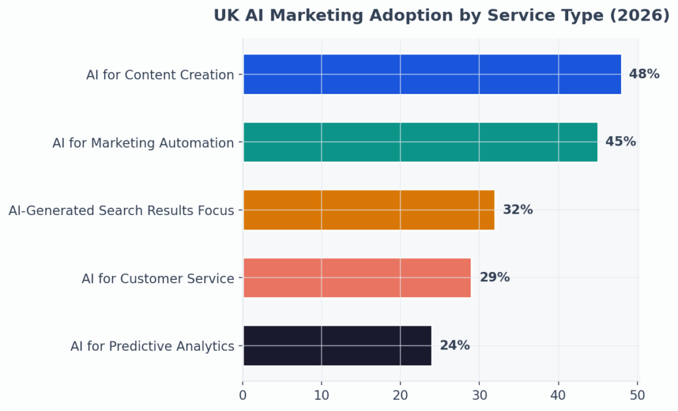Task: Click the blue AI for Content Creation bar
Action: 432,74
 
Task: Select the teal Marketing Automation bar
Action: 420,142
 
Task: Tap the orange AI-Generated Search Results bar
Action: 368,210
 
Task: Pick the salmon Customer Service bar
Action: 356,277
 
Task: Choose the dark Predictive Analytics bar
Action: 337,345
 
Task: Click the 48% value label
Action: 644,74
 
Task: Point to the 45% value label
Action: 620,142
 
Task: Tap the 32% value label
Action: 518,210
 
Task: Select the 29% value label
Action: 495,277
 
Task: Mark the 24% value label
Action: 455,345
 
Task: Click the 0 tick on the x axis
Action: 243,395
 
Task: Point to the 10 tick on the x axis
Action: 321,395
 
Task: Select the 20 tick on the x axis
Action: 400,395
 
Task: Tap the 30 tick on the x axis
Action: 479,395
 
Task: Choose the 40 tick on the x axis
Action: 558,395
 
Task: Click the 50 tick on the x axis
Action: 637,395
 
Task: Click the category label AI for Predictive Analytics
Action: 152,346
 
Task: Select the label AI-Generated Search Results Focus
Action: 121,210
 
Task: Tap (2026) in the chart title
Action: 639,16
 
